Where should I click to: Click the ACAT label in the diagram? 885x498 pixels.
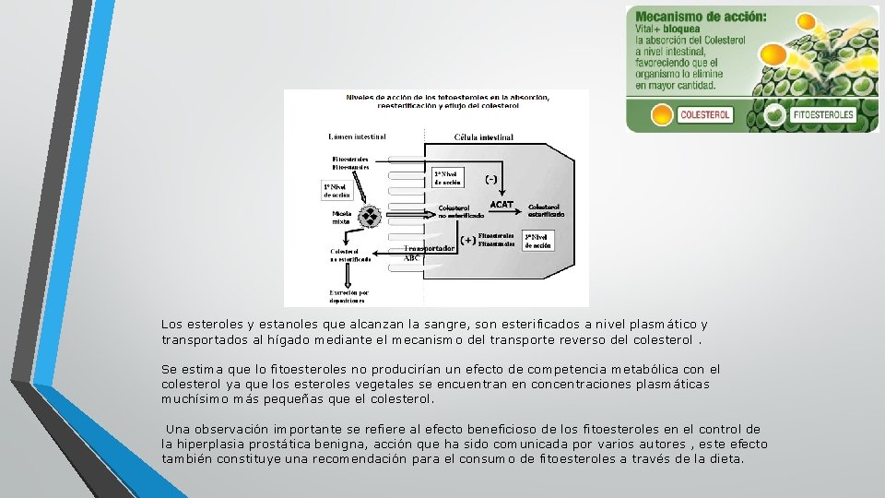pos(501,204)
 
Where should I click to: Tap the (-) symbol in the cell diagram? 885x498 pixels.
pos(492,178)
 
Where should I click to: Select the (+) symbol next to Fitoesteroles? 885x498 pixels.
pos(467,240)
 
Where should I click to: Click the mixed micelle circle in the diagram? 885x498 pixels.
pos(370,217)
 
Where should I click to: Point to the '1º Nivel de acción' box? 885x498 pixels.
pos(336,190)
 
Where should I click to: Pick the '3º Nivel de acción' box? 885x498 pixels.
pos(537,241)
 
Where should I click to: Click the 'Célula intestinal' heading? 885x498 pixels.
pos(484,137)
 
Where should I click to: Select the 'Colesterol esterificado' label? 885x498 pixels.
pos(547,209)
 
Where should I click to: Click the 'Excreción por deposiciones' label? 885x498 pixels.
pos(349,296)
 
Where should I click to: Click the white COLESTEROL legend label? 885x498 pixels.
pos(704,115)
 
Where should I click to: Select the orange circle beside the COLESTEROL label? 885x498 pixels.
pos(662,115)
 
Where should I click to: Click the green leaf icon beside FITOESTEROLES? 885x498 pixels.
pos(776,115)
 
